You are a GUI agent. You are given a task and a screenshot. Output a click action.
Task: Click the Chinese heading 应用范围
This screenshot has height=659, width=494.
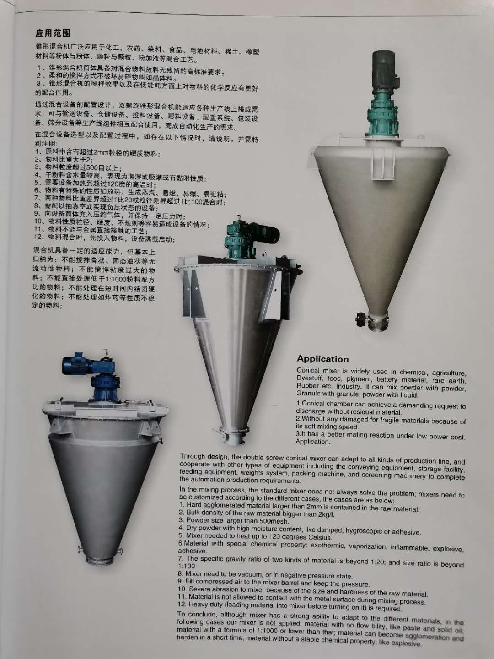click(53, 33)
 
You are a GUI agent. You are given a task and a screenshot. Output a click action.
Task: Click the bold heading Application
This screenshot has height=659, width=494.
click(323, 359)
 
